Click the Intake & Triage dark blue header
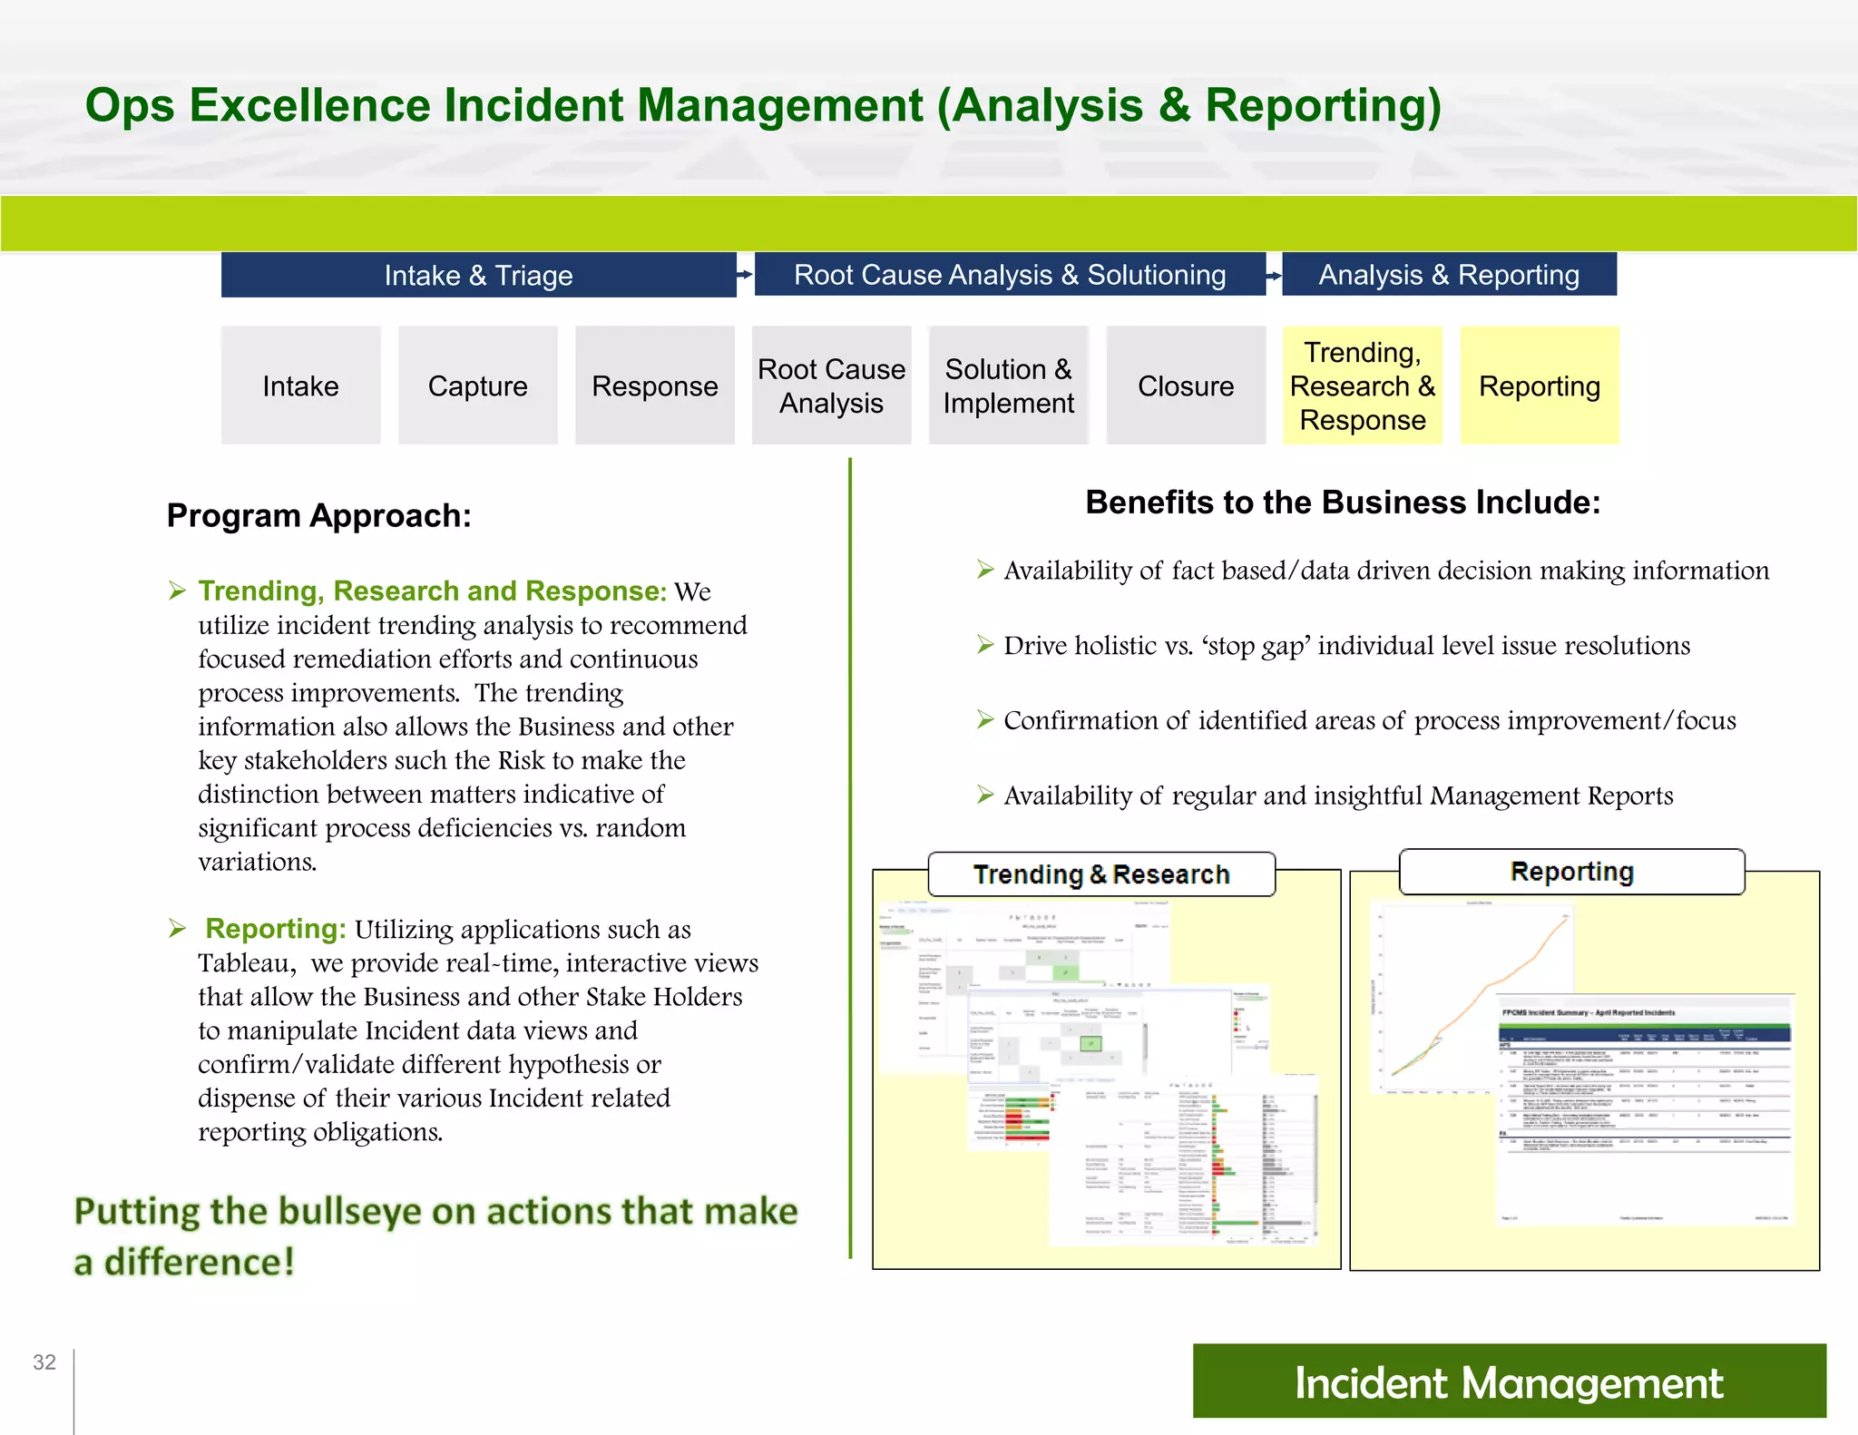coord(478,275)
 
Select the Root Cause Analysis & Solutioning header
coord(1009,274)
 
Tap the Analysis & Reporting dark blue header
coord(1449,274)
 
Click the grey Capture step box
coord(477,386)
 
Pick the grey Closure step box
coord(1186,386)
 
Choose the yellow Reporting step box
coord(1539,386)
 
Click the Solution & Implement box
coord(1008,386)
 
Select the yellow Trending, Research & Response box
coord(1362,386)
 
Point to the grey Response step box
coord(654,386)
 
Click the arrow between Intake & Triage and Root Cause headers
coord(745,274)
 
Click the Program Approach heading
coord(318,515)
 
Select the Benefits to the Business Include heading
coord(1342,502)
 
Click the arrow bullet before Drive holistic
coord(985,645)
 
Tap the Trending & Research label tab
coord(1100,874)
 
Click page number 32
coord(44,1362)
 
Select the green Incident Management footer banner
coord(1508,1381)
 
